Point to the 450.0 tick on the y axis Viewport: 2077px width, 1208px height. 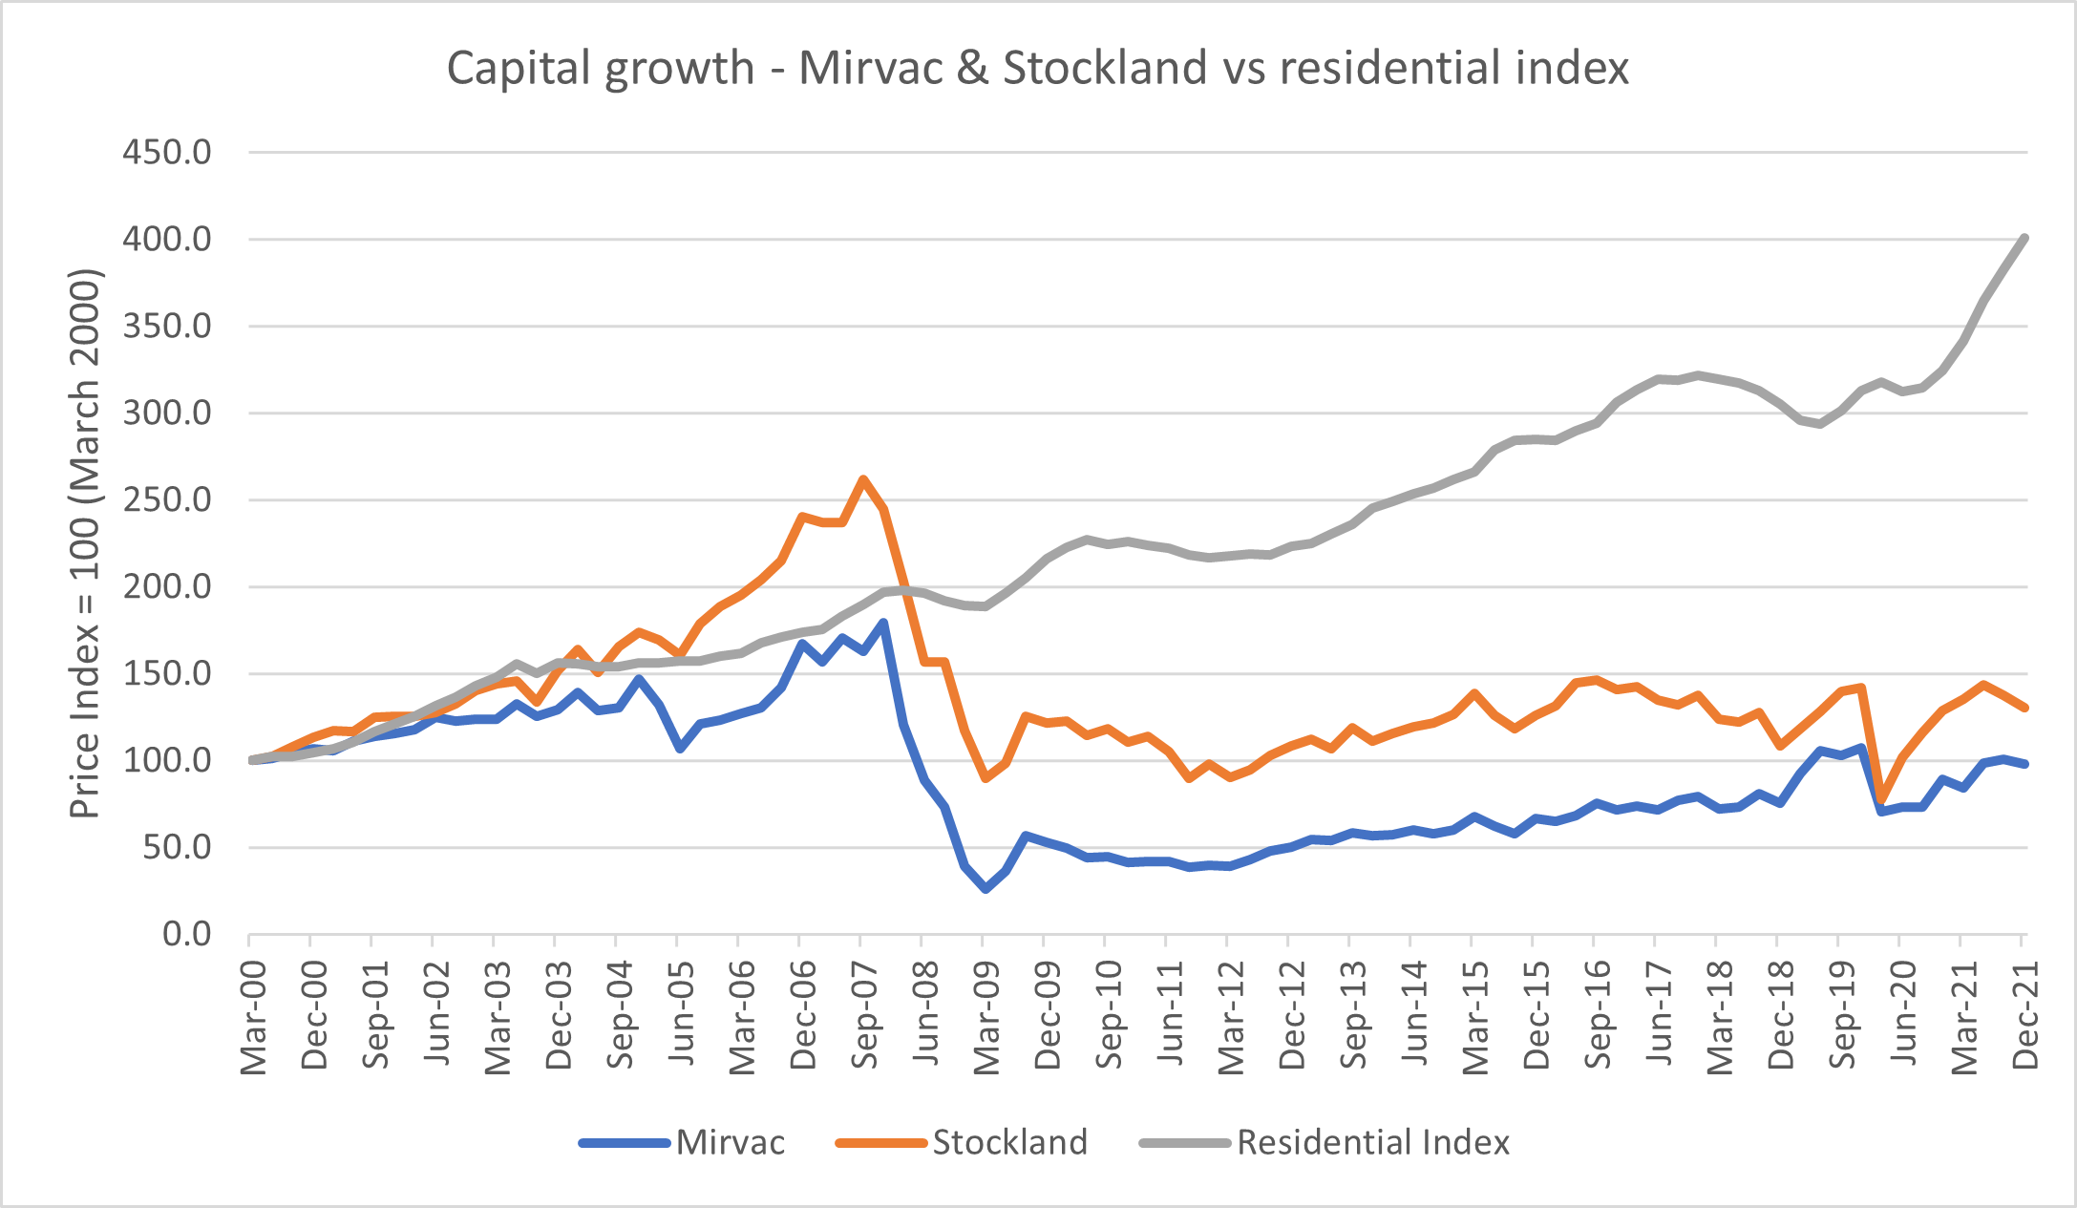pyautogui.click(x=167, y=152)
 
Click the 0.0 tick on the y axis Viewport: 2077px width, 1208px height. pyautogui.click(x=187, y=934)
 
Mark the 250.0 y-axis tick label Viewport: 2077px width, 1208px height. pyautogui.click(x=167, y=499)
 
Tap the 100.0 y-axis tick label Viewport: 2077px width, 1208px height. pyautogui.click(x=167, y=761)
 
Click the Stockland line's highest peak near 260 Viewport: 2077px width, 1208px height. pyautogui.click(x=863, y=479)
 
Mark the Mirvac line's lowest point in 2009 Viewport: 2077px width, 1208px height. pyautogui.click(x=986, y=889)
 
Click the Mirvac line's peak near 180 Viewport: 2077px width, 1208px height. pyautogui.click(x=883, y=623)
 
